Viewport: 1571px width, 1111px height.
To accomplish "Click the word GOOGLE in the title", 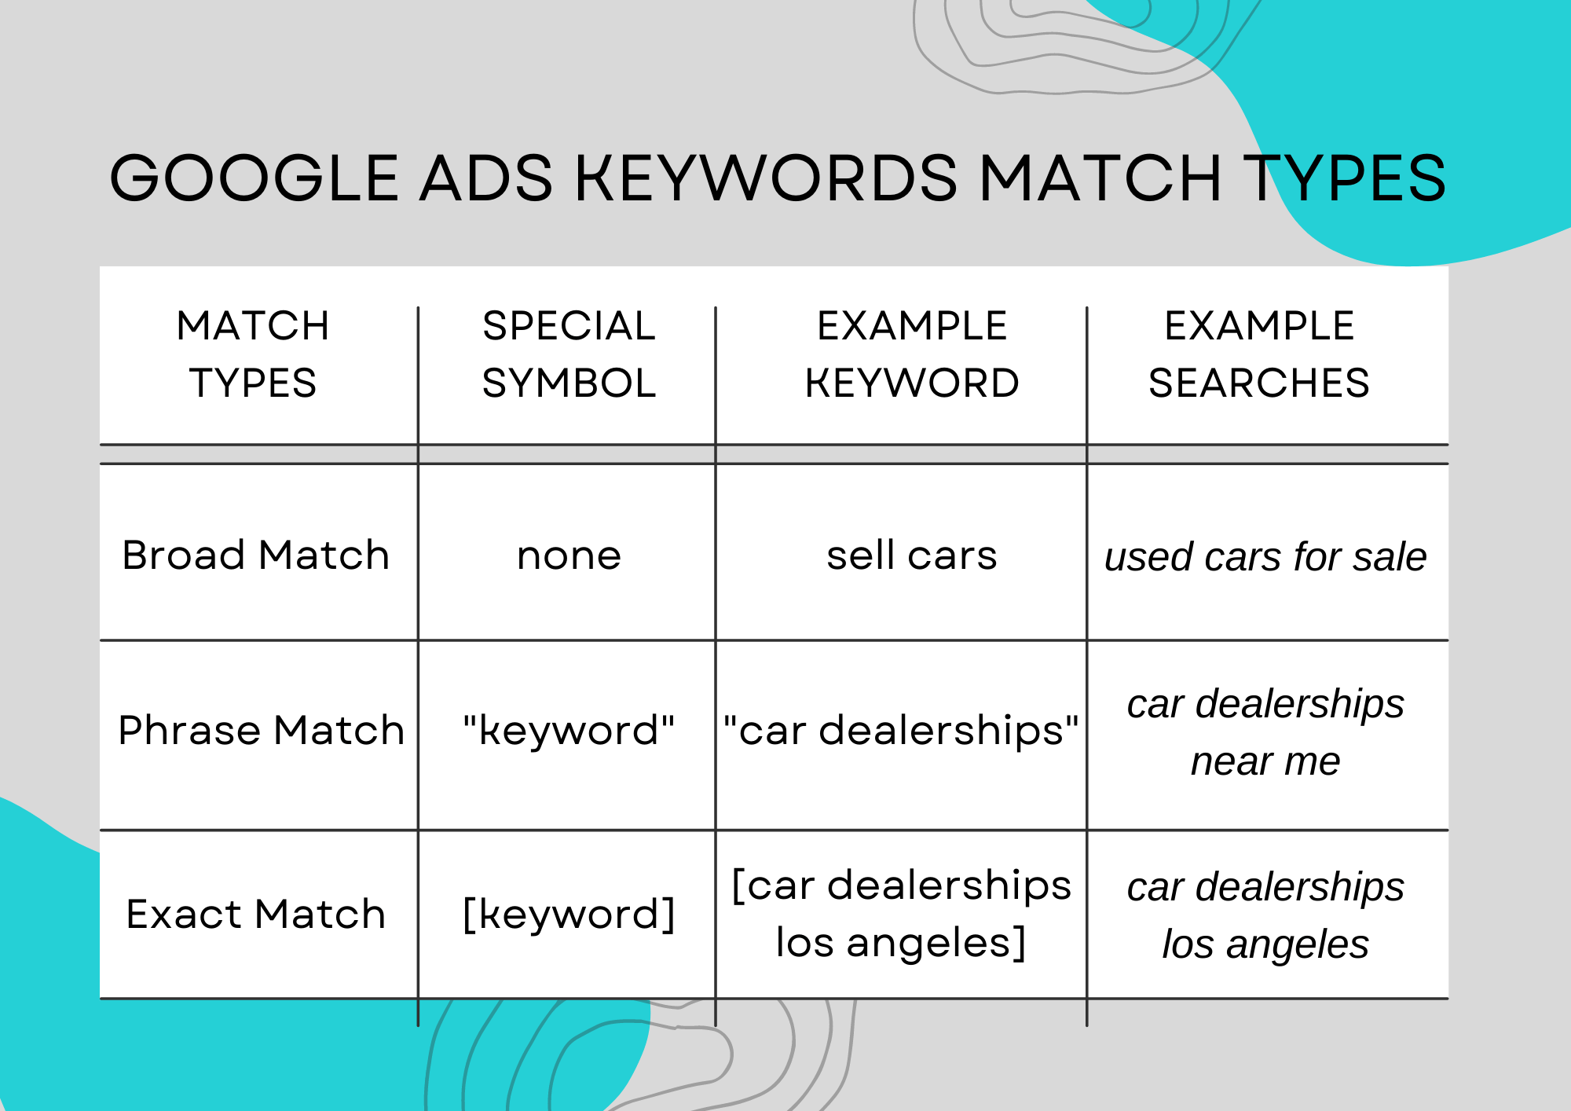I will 255,178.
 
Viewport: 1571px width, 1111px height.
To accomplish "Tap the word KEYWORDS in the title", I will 766,178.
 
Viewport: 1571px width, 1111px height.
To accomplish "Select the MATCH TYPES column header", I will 253,354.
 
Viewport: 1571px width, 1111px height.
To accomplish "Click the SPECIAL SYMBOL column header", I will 569,354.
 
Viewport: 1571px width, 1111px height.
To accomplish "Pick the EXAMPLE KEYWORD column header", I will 912,354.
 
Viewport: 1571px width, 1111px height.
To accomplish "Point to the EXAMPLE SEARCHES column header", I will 1259,354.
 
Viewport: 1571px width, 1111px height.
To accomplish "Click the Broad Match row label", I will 256,555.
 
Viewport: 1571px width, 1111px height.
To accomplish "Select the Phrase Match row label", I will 261,731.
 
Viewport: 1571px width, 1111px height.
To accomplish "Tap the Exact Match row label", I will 256,915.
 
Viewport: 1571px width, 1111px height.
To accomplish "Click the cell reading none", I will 569,556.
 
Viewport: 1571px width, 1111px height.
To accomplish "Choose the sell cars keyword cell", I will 912,555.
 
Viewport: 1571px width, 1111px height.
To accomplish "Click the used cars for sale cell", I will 1265,557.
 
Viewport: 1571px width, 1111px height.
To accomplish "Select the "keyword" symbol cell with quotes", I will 569,731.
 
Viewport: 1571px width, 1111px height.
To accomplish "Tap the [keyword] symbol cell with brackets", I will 569,915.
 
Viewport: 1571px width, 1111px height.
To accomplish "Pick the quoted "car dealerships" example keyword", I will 901,731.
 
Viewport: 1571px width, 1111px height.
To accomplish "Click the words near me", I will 1265,761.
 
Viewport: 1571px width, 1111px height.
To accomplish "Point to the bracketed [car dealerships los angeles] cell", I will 901,914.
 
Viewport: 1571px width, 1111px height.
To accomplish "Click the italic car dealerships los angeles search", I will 1265,915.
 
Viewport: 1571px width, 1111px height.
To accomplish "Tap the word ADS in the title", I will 486,178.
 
